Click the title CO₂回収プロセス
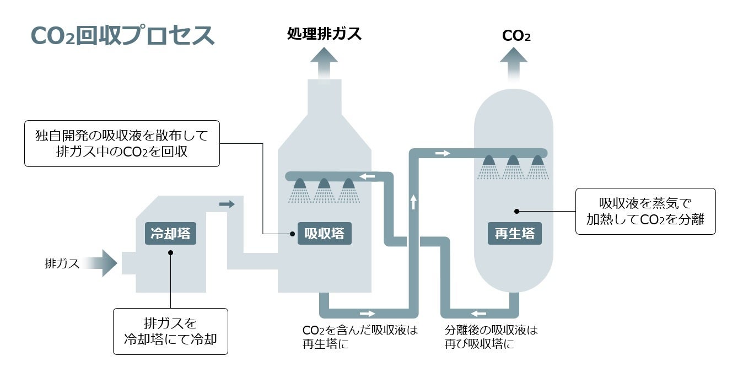pyautogui.click(x=122, y=35)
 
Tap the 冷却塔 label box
pyautogui.click(x=171, y=234)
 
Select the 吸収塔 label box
pyautogui.click(x=325, y=234)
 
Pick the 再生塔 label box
pyautogui.click(x=514, y=234)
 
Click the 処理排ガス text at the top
pyautogui.click(x=324, y=34)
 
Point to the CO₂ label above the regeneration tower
pyautogui.click(x=516, y=36)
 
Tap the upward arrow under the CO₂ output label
pyautogui.click(x=514, y=63)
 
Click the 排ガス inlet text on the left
pyautogui.click(x=62, y=263)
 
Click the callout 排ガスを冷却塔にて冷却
pyautogui.click(x=170, y=331)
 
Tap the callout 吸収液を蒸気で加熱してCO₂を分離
pyautogui.click(x=645, y=211)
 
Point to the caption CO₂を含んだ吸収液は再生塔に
pyautogui.click(x=360, y=337)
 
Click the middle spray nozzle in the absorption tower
pyautogui.click(x=324, y=185)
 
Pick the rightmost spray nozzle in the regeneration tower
pyautogui.click(x=537, y=161)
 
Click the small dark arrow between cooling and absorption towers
pyautogui.click(x=227, y=204)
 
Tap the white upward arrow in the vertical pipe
pyautogui.click(x=413, y=202)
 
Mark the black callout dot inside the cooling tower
pyautogui.click(x=170, y=253)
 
